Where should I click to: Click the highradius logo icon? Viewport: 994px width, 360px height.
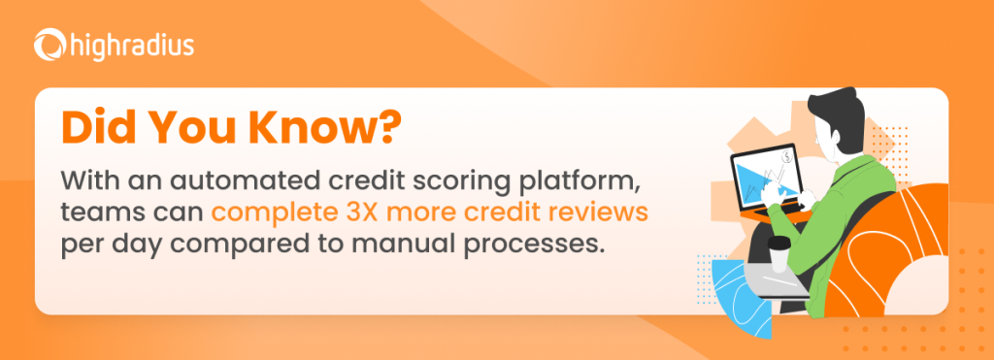[x=50, y=45]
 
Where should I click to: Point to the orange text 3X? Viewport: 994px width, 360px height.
[x=419, y=213]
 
